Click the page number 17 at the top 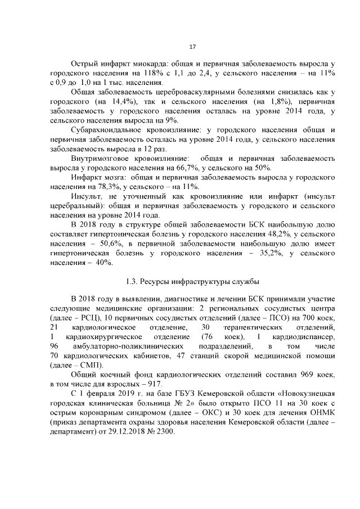[192, 47]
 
